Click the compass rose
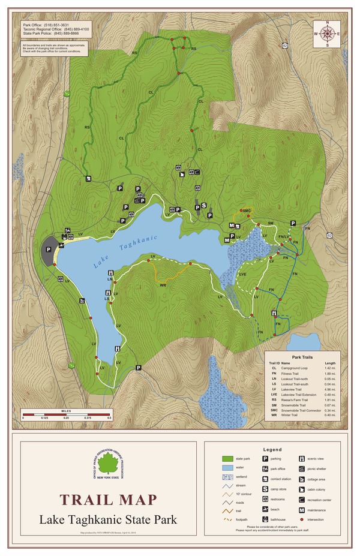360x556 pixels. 328,34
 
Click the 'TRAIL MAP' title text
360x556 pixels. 108,499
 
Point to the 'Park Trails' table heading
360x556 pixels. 304,356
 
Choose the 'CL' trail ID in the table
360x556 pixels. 273,368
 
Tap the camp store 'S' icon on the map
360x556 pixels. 203,206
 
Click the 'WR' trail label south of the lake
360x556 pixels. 163,285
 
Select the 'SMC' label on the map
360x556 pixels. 246,211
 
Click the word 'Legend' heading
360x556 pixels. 272,449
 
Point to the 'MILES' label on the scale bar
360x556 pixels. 66,411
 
